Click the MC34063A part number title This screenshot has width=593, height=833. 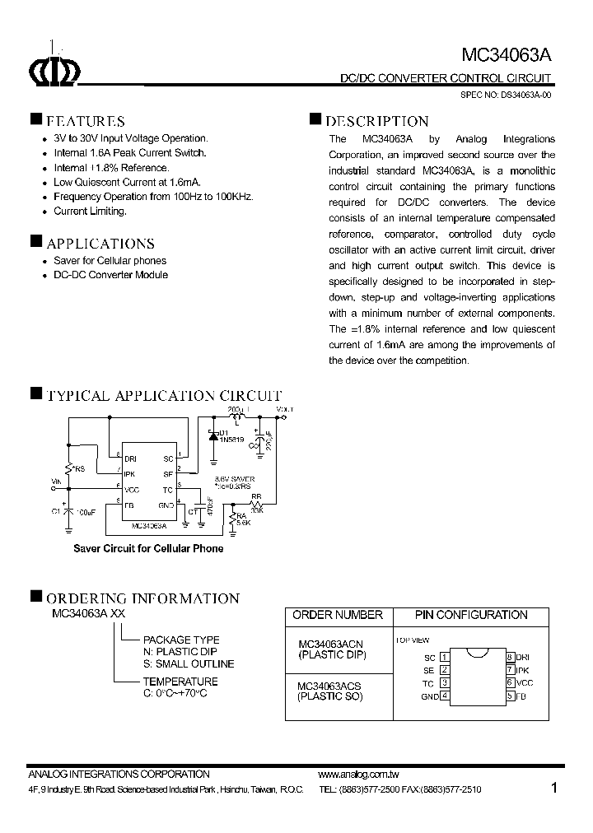click(x=506, y=55)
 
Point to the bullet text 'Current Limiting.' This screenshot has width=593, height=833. click(x=90, y=212)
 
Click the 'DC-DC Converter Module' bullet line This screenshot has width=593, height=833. click(x=110, y=275)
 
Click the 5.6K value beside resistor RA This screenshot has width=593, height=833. click(x=243, y=523)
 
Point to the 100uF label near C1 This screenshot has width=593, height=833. click(x=86, y=511)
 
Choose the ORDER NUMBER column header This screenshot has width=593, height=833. click(x=338, y=615)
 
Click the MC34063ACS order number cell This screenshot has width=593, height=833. click(x=329, y=686)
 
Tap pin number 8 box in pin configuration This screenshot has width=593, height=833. click(x=511, y=657)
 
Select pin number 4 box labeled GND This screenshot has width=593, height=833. click(x=445, y=696)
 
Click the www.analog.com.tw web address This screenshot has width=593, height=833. click(x=358, y=775)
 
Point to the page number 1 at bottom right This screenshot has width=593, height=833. click(x=554, y=788)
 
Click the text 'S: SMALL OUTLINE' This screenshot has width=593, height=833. click(x=189, y=663)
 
